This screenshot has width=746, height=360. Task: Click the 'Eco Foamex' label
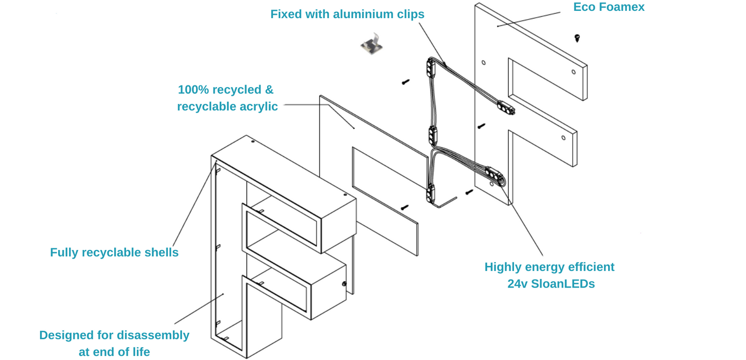click(x=609, y=7)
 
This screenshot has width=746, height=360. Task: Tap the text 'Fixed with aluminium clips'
click(x=347, y=14)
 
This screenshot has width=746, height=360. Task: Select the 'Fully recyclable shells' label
click(x=114, y=253)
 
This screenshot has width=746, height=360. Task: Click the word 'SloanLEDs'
click(x=563, y=284)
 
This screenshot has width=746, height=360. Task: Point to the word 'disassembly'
click(x=153, y=335)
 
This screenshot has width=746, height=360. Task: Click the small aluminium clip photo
click(x=371, y=44)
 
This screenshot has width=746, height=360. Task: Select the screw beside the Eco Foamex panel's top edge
click(x=577, y=38)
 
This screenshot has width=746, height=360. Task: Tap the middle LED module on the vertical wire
click(x=433, y=135)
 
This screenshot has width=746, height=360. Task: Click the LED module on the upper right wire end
click(x=506, y=107)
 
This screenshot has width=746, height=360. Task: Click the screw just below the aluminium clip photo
click(x=405, y=82)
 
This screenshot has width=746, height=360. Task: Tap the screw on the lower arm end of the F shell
click(x=344, y=284)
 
